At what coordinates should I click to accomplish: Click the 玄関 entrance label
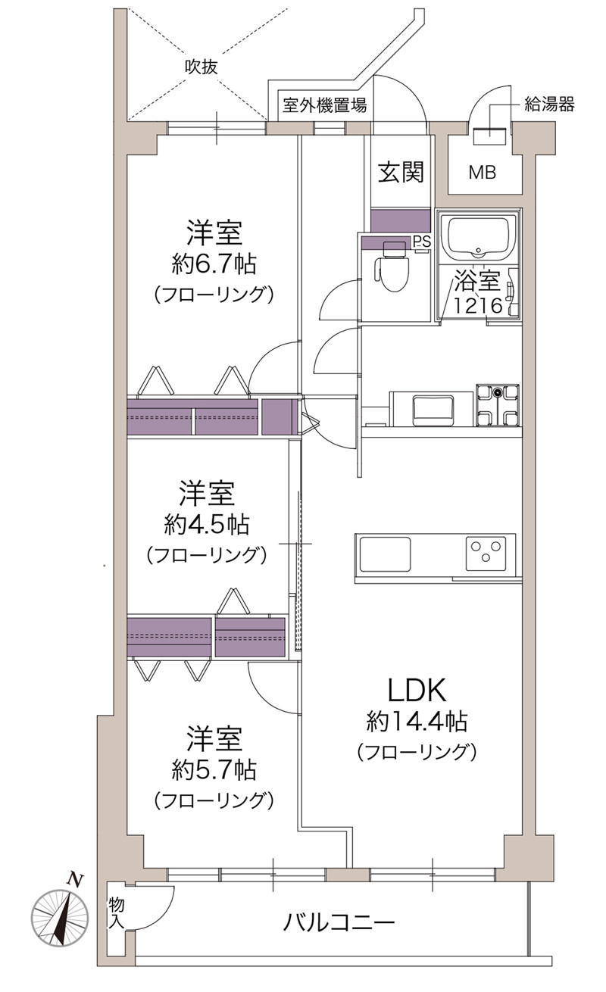pos(401,172)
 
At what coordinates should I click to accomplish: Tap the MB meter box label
pos(483,172)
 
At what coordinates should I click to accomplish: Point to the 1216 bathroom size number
pos(477,306)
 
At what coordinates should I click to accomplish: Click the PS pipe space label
pos(421,242)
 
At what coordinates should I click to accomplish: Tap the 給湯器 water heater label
pos(549,105)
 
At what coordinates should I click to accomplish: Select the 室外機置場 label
pos(325,105)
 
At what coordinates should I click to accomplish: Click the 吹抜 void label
pos(201,67)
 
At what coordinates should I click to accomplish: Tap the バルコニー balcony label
pos(339,922)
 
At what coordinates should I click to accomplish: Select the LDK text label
pos(417,691)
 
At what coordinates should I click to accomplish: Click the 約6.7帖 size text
pos(214,265)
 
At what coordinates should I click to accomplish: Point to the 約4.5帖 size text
pos(207,526)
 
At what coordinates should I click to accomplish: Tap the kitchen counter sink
pos(385,554)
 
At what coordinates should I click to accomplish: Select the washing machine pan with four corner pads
pos(498,405)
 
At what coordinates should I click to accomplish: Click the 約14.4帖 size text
pos(417,721)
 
